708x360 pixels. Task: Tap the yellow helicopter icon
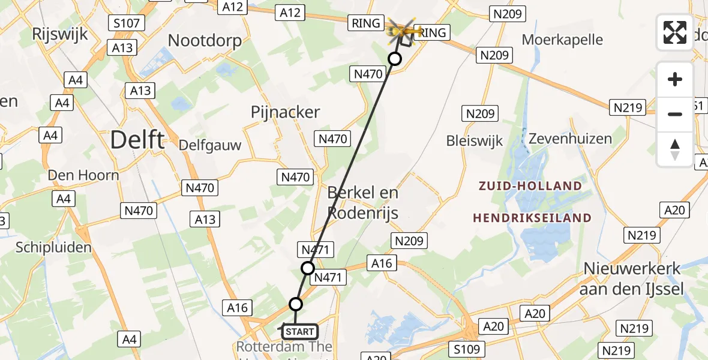(x=403, y=28)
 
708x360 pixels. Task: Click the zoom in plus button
(x=675, y=79)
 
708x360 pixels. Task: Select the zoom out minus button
(x=675, y=114)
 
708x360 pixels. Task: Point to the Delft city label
(x=137, y=140)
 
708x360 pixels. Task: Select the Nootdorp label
(x=205, y=41)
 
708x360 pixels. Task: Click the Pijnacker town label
(x=286, y=112)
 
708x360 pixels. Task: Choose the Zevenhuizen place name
(x=570, y=139)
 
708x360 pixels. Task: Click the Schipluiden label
(x=54, y=247)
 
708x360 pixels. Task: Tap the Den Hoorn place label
(x=84, y=176)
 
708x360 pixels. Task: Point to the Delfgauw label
(x=210, y=145)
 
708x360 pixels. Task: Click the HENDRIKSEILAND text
(x=532, y=218)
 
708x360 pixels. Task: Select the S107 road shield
(x=126, y=24)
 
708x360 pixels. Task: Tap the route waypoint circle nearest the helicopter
(x=394, y=59)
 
